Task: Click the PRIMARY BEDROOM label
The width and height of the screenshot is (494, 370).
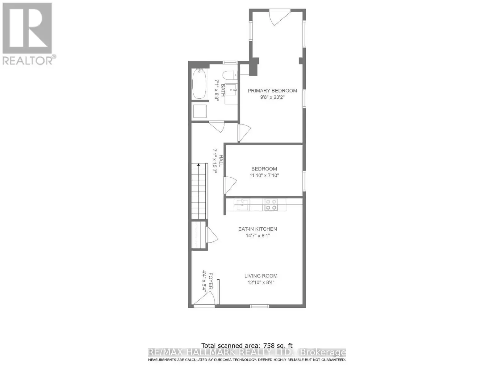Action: (272, 91)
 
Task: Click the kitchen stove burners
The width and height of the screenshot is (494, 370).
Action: (271, 204)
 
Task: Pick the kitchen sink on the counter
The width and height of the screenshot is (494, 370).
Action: (243, 205)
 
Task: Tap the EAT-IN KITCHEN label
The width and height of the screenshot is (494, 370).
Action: (257, 229)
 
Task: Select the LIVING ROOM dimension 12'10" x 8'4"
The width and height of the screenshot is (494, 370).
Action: (261, 282)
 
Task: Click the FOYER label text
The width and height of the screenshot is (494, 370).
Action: (211, 281)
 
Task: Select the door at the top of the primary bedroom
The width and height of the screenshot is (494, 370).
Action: (280, 17)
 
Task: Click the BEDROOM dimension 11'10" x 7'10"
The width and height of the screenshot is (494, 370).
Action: (264, 175)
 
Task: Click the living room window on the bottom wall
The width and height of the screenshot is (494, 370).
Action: (260, 306)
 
